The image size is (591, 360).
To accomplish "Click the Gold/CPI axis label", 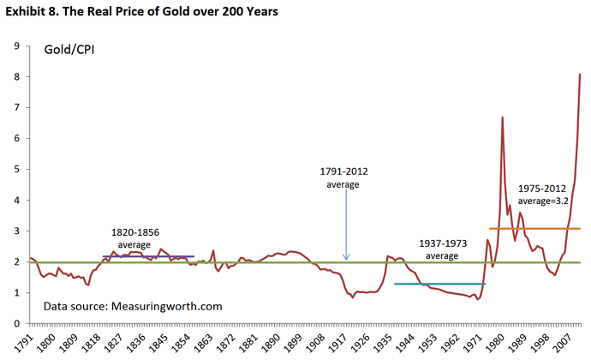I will point(69,51).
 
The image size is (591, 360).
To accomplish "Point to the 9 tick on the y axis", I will point(18,46).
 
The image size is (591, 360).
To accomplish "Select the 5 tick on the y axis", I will point(18,170).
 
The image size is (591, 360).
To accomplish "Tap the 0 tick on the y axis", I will point(18,324).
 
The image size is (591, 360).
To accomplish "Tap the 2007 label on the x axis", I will point(564,341).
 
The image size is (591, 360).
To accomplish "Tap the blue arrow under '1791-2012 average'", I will point(347,223).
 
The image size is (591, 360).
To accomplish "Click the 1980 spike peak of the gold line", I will point(502,117).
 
